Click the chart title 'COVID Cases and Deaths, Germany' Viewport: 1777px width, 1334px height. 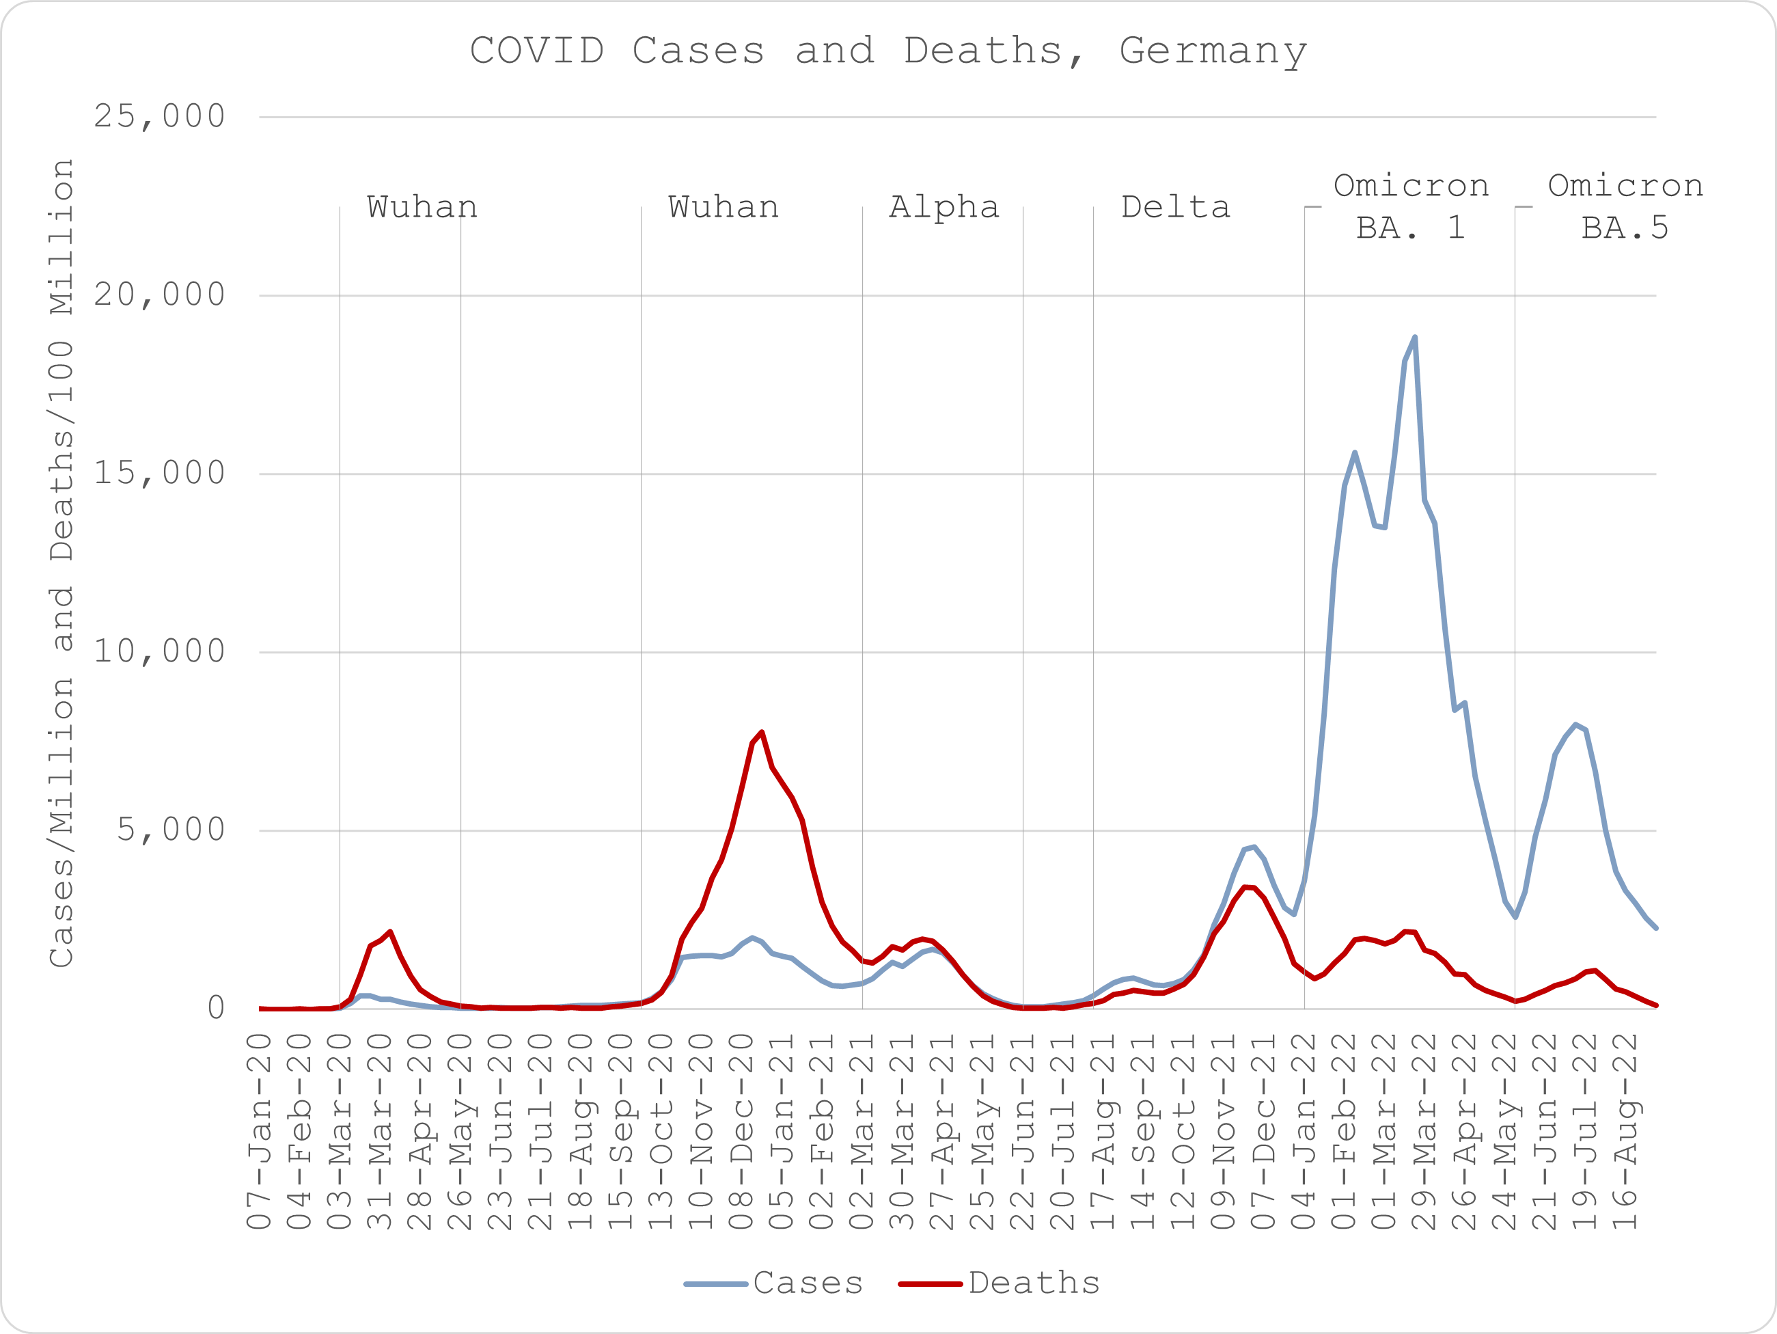887,51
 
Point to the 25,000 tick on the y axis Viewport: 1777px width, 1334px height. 159,117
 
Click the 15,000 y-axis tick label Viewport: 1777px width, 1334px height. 159,474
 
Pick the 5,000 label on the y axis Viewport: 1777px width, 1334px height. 170,830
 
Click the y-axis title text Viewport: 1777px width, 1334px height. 62,562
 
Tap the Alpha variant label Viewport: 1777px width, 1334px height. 944,207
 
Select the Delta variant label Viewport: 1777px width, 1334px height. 1175,207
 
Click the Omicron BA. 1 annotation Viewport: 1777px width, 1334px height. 1411,206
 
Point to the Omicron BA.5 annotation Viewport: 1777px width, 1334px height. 1625,206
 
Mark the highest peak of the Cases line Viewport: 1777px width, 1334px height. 1415,338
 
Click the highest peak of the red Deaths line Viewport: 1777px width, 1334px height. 762,732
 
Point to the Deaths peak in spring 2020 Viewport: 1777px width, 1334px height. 389,932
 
